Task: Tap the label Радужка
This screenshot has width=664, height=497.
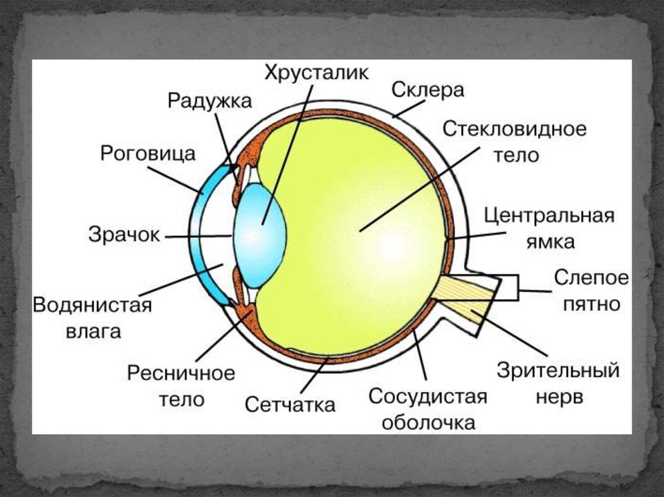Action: pyautogui.click(x=210, y=101)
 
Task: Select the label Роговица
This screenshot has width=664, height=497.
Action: pyautogui.click(x=148, y=154)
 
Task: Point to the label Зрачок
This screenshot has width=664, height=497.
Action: pyautogui.click(x=124, y=235)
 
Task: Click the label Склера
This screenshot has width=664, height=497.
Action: pyautogui.click(x=428, y=90)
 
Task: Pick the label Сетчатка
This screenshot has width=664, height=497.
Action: pyautogui.click(x=290, y=405)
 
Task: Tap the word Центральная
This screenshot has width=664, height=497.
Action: pyautogui.click(x=549, y=215)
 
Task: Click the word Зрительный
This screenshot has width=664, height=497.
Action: pyautogui.click(x=558, y=371)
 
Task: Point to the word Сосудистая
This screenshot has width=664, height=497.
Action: pyautogui.click(x=427, y=396)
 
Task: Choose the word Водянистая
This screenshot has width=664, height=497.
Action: pyautogui.click(x=92, y=305)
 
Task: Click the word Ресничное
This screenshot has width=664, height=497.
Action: pyautogui.click(x=181, y=373)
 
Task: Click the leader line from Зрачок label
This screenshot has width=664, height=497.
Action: pyautogui.click(x=197, y=237)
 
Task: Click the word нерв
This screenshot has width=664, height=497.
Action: pyautogui.click(x=559, y=397)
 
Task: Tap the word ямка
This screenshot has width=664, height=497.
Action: pyautogui.click(x=549, y=242)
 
